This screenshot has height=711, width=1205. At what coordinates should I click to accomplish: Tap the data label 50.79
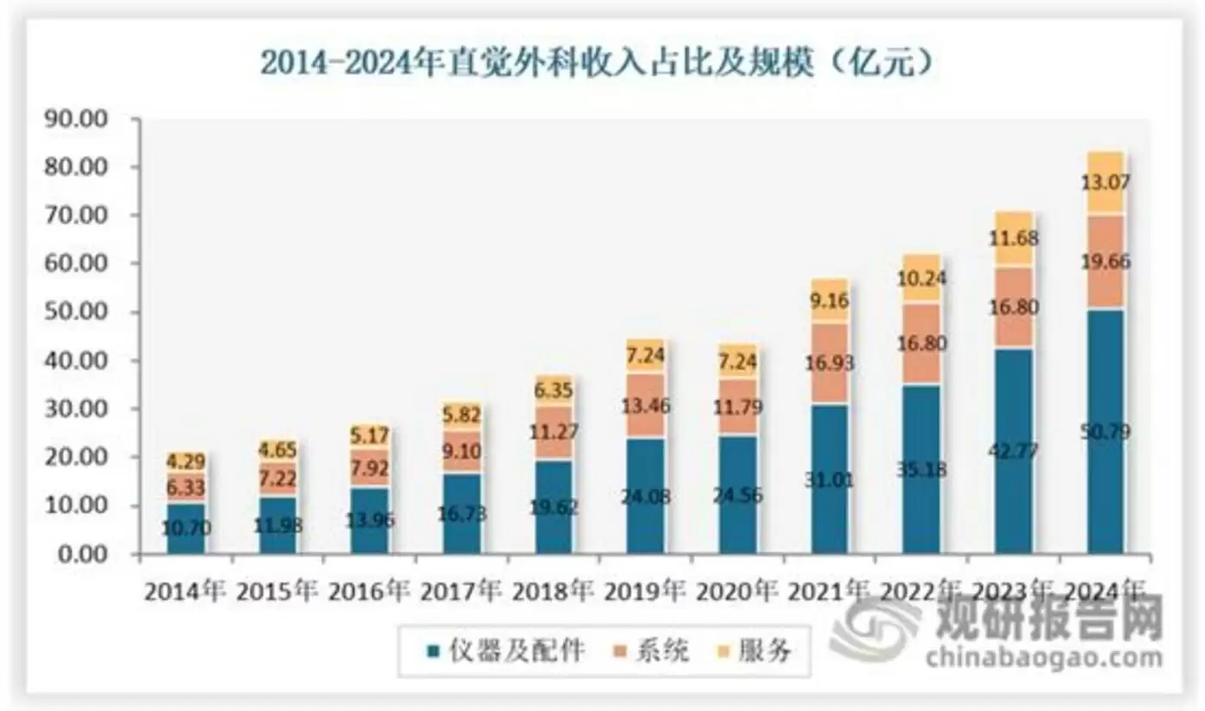pyautogui.click(x=1105, y=431)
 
